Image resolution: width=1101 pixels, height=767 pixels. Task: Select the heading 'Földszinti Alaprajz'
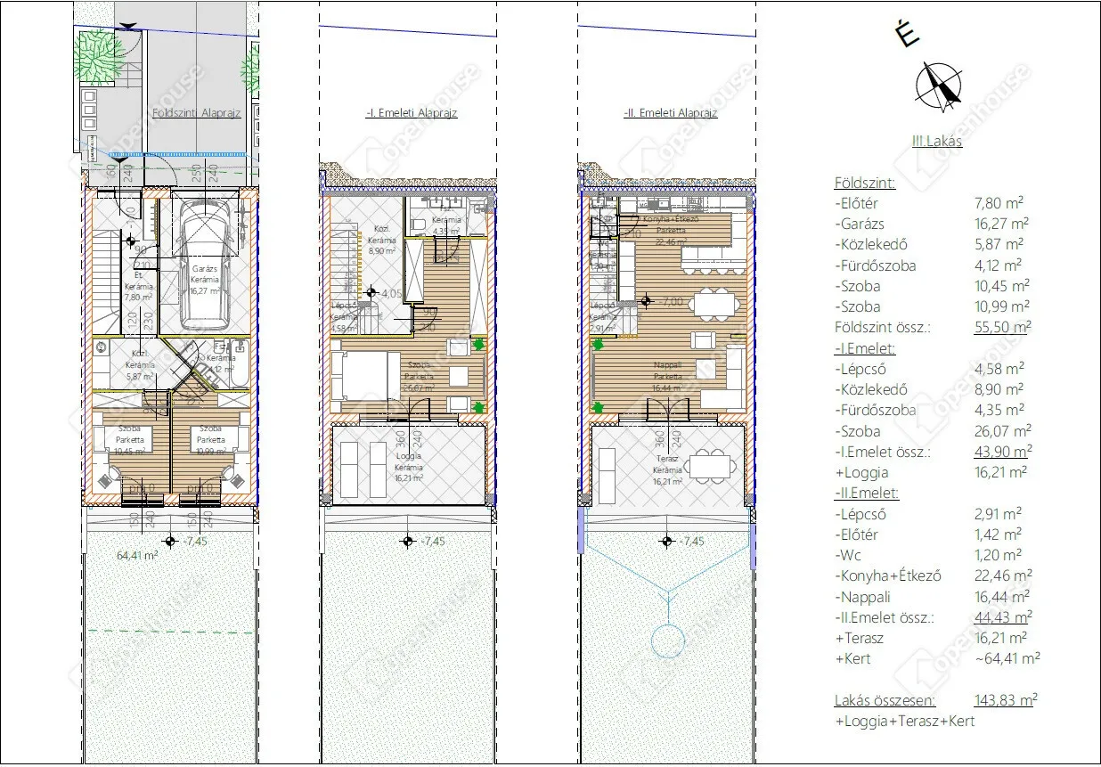point(197,114)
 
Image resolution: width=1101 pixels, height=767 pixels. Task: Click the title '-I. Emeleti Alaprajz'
point(411,113)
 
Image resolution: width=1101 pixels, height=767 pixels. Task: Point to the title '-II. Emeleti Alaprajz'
point(671,113)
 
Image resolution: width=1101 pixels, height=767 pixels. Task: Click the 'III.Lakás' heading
point(936,141)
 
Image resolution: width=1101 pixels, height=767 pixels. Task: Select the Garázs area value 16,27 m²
point(1002,224)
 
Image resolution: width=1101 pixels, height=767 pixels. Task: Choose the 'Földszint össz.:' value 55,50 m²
point(1002,327)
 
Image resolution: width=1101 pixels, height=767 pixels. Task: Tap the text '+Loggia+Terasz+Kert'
point(904,722)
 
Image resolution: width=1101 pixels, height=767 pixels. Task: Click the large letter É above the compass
point(907,35)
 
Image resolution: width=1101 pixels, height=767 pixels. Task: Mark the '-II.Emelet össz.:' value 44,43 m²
point(1003,617)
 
